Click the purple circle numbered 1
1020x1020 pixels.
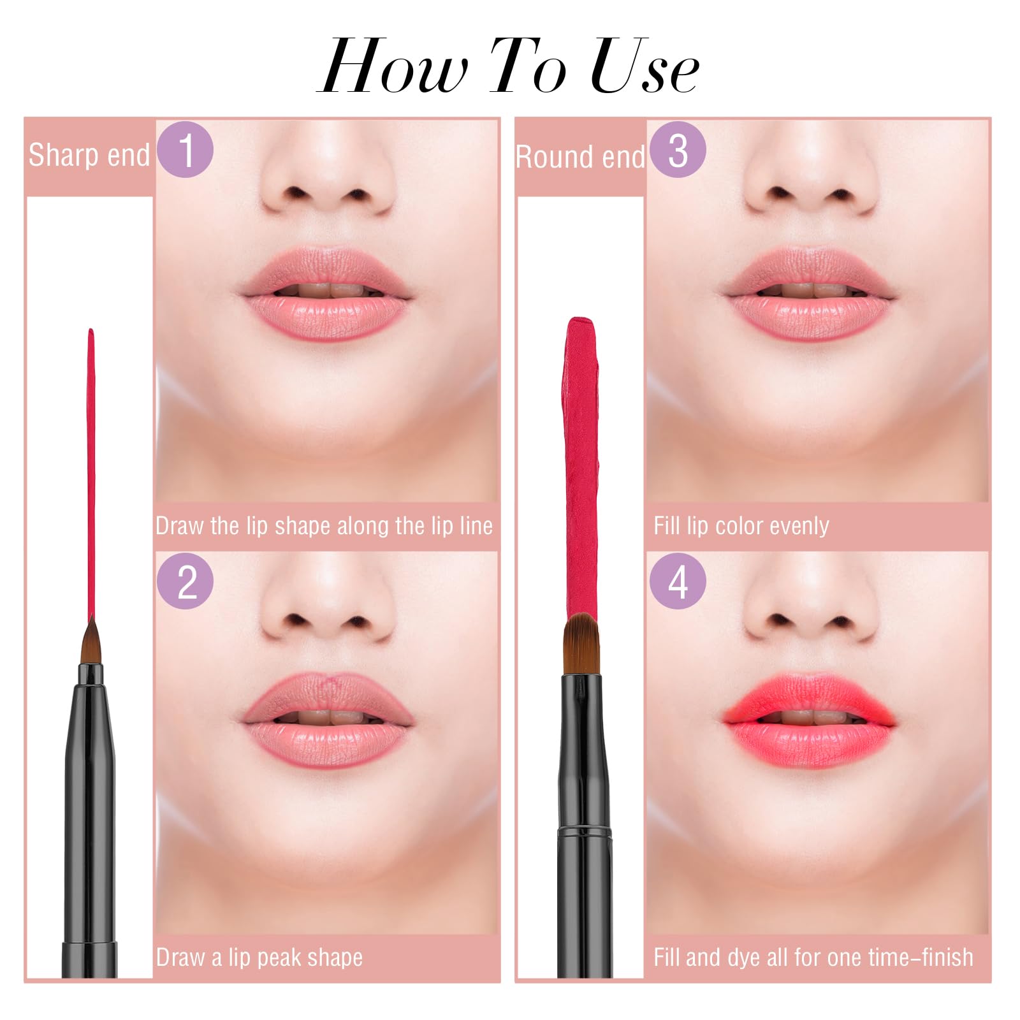[185, 149]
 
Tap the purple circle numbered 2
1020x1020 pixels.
[185, 581]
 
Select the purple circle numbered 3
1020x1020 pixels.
[678, 149]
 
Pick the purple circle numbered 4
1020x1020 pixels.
[678, 581]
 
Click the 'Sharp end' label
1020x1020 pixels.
[89, 156]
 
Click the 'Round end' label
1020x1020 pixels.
[580, 157]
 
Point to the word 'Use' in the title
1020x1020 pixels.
[644, 67]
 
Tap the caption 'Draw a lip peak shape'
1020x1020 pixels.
[259, 958]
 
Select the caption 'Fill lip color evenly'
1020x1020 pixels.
[741, 526]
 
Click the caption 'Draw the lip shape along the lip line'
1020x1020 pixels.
[324, 526]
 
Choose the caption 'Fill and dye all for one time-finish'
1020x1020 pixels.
[813, 958]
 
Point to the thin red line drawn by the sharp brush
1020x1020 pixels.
[91, 472]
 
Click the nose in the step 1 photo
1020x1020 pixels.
[326, 185]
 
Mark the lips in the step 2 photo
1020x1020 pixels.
[326, 720]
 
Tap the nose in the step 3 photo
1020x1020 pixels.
[810, 185]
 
